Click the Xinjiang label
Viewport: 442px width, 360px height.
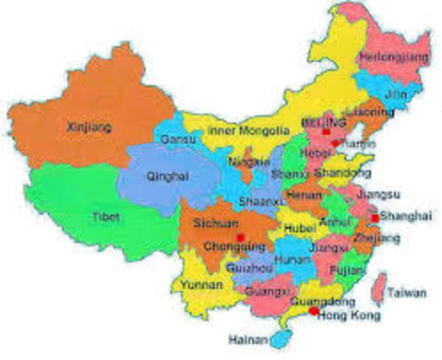tap(89, 127)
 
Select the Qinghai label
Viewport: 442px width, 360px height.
tap(168, 176)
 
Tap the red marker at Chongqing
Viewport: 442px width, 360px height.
tap(240, 237)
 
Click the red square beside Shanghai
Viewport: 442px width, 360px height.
tap(374, 217)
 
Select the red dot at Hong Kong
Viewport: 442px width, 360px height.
tap(314, 310)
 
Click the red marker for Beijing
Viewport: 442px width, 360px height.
tap(327, 132)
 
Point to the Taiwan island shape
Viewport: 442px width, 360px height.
tap(380, 289)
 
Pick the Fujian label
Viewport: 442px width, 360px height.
tap(347, 268)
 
